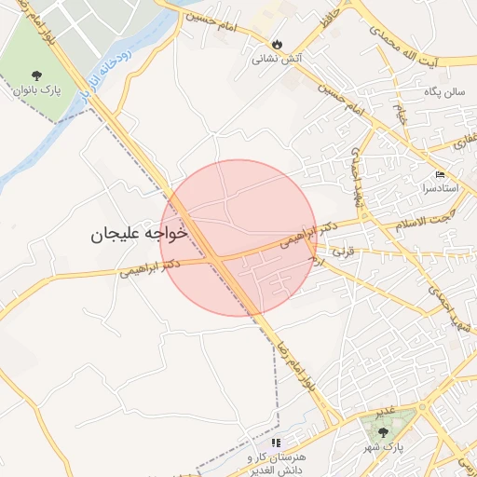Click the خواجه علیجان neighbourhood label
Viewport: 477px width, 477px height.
click(139, 233)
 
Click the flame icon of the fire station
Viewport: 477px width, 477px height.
click(277, 43)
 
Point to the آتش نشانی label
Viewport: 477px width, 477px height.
click(276, 59)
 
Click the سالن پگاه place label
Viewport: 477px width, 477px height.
click(442, 93)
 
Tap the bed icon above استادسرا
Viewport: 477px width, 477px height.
click(440, 175)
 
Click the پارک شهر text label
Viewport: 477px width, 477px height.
click(384, 447)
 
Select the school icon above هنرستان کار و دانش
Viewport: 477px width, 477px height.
click(276, 443)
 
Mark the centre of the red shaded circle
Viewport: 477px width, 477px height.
click(238, 238)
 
